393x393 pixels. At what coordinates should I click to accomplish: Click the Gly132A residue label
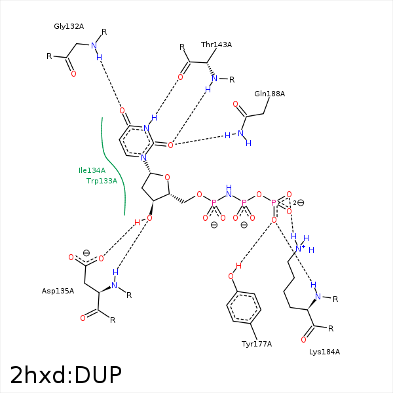click(69, 27)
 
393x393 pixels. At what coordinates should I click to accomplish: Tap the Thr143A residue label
click(216, 45)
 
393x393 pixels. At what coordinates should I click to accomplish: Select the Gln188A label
click(269, 94)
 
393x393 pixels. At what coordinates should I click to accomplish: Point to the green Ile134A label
click(92, 170)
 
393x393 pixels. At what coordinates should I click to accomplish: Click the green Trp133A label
click(102, 181)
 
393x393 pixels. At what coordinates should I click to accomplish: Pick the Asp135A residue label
click(58, 290)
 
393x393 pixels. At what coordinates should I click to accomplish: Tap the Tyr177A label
click(256, 344)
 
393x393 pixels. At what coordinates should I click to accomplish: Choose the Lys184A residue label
click(324, 352)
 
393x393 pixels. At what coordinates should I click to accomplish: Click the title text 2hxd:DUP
click(65, 375)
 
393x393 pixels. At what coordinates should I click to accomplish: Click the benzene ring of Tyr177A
click(243, 307)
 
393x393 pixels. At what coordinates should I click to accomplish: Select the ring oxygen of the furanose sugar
click(167, 177)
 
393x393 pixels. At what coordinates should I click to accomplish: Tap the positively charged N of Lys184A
click(299, 249)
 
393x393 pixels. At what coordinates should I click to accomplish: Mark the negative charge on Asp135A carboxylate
click(86, 252)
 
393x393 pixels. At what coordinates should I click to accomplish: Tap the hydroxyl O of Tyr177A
click(231, 276)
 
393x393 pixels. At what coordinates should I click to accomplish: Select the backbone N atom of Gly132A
click(93, 45)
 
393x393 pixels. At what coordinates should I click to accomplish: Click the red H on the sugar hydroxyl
click(137, 223)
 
